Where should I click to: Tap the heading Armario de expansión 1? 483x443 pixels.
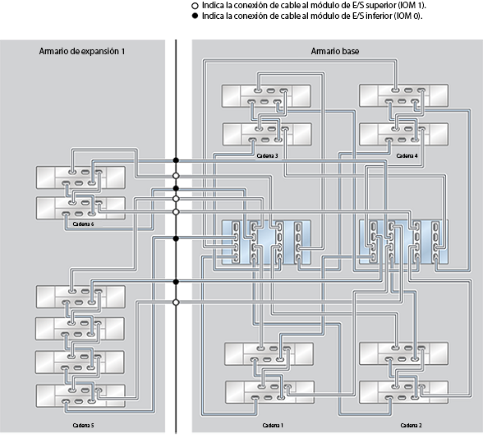81,51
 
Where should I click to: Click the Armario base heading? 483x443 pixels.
334,51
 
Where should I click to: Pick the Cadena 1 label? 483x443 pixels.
273,425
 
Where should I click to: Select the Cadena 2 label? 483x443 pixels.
411,425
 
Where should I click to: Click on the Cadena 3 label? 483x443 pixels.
266,155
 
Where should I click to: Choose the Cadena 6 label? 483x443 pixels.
83,224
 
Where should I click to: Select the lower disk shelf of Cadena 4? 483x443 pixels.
403,133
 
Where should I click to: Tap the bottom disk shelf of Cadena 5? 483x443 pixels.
80,395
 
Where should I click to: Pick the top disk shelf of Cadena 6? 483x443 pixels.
80,178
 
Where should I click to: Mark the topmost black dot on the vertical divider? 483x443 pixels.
176,160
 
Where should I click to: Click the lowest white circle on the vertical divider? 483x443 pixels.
176,302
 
